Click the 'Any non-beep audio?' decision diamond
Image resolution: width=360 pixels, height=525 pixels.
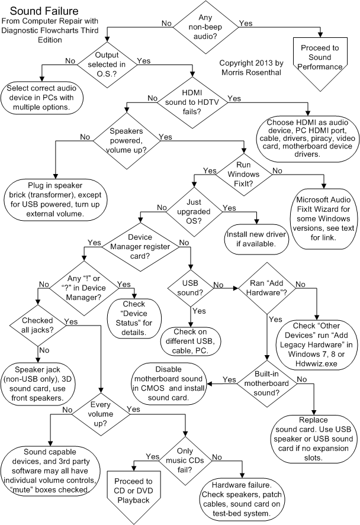[x=205, y=24]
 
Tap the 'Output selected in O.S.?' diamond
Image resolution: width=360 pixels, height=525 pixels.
[x=107, y=61]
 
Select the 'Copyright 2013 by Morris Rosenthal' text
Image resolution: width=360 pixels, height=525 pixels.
[x=251, y=67]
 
